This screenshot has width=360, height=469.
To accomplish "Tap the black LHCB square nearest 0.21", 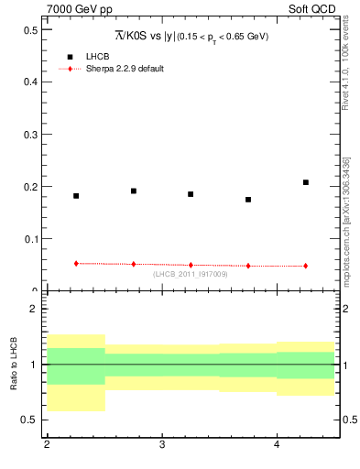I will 306,182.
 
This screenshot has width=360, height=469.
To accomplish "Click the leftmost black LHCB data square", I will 76,196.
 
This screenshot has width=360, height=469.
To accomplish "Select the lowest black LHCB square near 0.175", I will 248,200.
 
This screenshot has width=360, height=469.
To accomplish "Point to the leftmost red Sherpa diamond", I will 76,264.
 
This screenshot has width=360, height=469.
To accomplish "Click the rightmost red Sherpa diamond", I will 306,266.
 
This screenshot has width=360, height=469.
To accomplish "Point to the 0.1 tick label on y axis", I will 32,239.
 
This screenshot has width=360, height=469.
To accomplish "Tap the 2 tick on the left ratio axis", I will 35,309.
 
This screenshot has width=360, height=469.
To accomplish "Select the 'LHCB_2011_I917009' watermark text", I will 191,274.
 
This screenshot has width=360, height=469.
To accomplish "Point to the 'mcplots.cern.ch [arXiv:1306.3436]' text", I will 345,220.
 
